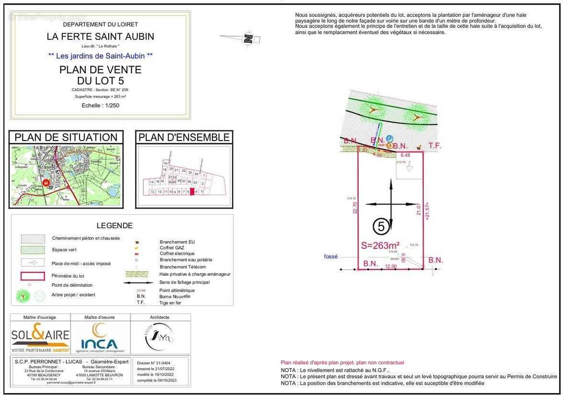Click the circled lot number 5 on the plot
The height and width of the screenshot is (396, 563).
pyautogui.click(x=381, y=227)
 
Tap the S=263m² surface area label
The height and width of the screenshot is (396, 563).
pyautogui.click(x=381, y=245)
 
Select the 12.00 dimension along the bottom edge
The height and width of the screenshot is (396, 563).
pyautogui.click(x=391, y=266)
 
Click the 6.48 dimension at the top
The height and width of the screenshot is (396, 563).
pyautogui.click(x=405, y=155)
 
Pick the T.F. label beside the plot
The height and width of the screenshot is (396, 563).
pyautogui.click(x=434, y=146)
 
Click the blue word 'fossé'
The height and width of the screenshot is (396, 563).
pyautogui.click(x=331, y=256)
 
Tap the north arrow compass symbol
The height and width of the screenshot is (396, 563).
pyautogui.click(x=248, y=38)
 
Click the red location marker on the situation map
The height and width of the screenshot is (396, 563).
pyautogui.click(x=46, y=183)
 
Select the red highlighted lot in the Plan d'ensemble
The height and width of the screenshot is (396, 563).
pyautogui.click(x=192, y=191)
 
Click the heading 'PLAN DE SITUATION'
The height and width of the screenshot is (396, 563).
pyautogui.click(x=66, y=138)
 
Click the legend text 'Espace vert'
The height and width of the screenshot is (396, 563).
pyautogui.click(x=64, y=250)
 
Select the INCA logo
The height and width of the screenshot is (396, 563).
pyautogui.click(x=99, y=338)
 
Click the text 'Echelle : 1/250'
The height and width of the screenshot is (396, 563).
pyautogui.click(x=100, y=105)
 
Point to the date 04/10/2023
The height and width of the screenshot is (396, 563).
pyautogui.click(x=164, y=380)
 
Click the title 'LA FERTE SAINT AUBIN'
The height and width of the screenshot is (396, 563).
pyautogui.click(x=100, y=36)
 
